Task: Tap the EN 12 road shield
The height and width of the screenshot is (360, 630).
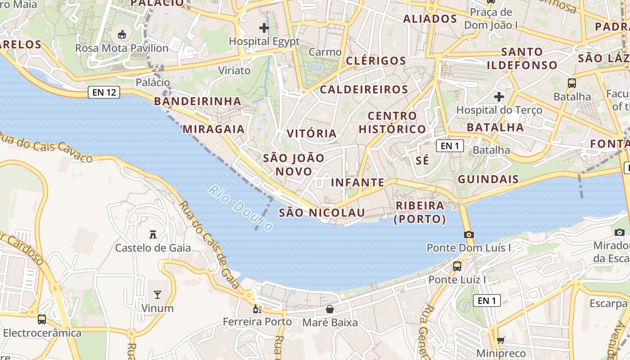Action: pos(104,93)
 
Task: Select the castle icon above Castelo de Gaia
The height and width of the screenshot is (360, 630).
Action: pos(153,234)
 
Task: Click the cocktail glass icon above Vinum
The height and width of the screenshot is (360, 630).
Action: pos(157,295)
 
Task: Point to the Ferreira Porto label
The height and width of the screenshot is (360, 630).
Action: pos(257,322)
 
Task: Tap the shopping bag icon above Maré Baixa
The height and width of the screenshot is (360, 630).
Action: pos(330,309)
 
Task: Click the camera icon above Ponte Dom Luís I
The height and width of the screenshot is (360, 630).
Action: pos(468,234)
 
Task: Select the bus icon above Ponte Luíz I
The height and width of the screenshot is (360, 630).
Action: pos(457,266)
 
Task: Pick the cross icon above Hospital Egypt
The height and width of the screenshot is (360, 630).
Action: pos(264,28)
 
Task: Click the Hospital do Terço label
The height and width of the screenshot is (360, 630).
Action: pos(499,110)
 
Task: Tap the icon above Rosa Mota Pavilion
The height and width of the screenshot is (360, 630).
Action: pos(122,34)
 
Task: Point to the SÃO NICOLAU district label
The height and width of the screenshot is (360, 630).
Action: pos(322,212)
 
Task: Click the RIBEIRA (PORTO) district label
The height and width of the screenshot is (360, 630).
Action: pos(420,212)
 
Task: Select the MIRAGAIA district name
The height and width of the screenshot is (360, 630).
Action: pos(213,130)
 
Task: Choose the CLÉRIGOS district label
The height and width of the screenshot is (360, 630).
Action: pos(376,61)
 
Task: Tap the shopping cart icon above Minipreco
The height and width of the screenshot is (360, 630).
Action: pos(500,341)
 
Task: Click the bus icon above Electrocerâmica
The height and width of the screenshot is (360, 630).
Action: pos(42,319)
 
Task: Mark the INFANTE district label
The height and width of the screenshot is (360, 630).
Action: pos(358,182)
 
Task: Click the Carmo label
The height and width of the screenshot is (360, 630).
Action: pos(325,52)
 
